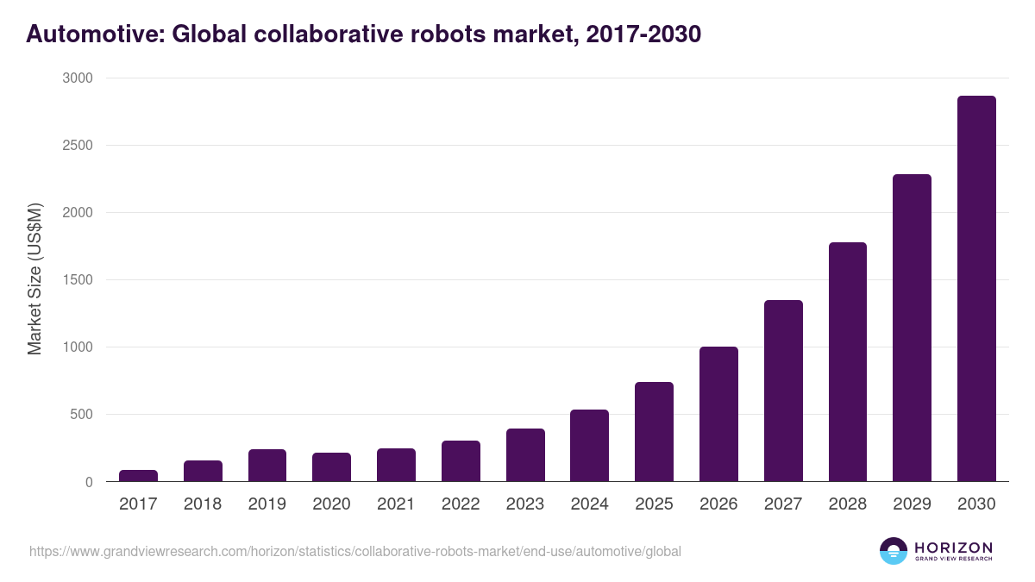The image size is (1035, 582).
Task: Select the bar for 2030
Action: (x=976, y=289)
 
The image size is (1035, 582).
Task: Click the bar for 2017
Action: (x=138, y=476)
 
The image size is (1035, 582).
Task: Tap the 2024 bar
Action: (x=589, y=446)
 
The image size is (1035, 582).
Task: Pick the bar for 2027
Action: (x=783, y=391)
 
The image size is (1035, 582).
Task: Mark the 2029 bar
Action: (x=912, y=328)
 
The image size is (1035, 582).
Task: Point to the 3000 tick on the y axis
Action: (x=76, y=78)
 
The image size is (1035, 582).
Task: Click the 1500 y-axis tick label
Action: (x=76, y=280)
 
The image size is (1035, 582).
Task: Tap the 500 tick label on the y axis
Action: (x=79, y=415)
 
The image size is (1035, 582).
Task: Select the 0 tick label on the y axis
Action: (x=88, y=482)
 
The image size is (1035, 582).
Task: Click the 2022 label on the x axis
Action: (x=461, y=504)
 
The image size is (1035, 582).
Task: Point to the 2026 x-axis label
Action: (x=718, y=504)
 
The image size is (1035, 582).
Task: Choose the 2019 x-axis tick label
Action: (x=267, y=504)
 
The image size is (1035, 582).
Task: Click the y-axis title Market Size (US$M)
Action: (x=34, y=279)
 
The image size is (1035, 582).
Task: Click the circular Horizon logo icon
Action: (x=894, y=551)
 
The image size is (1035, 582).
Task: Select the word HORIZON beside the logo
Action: (x=953, y=547)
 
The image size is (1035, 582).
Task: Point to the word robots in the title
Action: (x=452, y=34)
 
